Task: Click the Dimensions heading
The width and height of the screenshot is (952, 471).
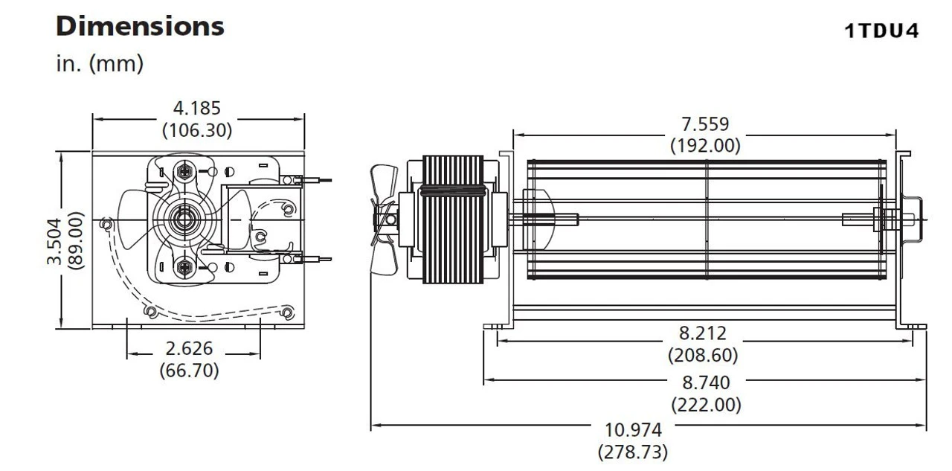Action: click(140, 27)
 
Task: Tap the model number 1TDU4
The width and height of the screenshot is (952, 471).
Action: click(881, 31)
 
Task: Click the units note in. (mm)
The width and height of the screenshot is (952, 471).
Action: click(100, 64)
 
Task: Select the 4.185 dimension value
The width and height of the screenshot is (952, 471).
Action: click(197, 109)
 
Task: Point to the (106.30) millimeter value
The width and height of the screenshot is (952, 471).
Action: click(197, 130)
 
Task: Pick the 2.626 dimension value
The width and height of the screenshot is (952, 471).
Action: click(189, 348)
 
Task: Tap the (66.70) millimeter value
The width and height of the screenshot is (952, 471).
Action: click(189, 369)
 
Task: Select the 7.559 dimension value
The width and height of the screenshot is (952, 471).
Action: click(705, 124)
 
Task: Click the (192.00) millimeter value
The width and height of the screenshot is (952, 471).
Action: click(705, 145)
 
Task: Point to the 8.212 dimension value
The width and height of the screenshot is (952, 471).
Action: click(703, 333)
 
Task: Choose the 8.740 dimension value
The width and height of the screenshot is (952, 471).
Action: click(706, 383)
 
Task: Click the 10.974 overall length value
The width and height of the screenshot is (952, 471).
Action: click(633, 430)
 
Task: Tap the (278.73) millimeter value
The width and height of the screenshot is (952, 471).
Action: click(633, 451)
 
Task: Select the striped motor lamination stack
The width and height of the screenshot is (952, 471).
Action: click(452, 220)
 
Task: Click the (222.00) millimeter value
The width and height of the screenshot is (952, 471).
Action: click(706, 405)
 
